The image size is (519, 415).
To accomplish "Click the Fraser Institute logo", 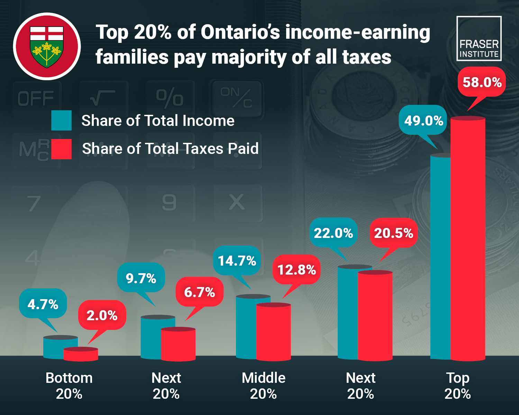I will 479,38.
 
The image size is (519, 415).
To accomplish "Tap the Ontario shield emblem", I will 47,46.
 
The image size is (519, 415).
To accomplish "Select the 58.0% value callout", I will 482,82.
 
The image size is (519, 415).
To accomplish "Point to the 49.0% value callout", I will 423,120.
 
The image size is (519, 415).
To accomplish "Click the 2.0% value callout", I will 102,315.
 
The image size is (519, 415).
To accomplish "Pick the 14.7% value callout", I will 237,260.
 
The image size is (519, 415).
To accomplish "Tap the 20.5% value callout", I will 393,233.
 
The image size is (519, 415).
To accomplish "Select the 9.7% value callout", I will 141,278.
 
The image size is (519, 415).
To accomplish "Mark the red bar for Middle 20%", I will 273,332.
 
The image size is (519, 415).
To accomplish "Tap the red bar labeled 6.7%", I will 178,344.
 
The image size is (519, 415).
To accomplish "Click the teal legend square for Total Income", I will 61,120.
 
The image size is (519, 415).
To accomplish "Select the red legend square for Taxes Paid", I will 61,149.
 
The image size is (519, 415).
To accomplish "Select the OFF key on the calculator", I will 36,99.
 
